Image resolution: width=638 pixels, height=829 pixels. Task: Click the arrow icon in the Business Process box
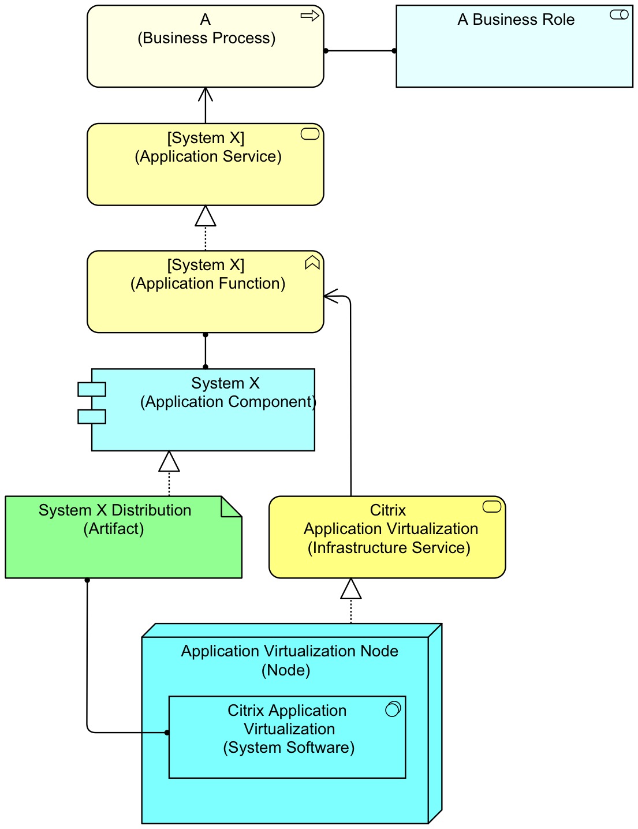[x=310, y=16]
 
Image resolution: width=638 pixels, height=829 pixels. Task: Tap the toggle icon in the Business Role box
[x=619, y=15]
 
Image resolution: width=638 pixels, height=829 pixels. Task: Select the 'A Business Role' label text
[x=516, y=20]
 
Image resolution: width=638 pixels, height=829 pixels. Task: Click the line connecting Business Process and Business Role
[x=360, y=51]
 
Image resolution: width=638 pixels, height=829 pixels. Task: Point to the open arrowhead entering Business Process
[x=206, y=94]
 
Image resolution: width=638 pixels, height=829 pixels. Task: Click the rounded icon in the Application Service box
[x=310, y=135]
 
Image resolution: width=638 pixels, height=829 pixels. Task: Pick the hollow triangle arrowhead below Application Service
[x=206, y=216]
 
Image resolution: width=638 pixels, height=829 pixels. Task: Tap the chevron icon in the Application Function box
[x=312, y=263]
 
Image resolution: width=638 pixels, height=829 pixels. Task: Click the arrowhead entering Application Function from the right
[x=330, y=296]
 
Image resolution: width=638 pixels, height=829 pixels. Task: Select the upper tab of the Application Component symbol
[x=92, y=389]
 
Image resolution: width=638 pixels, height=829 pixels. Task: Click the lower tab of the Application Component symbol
[x=92, y=416]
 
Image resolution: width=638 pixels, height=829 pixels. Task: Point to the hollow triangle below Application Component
[x=169, y=462]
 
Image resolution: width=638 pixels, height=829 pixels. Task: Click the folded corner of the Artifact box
[x=231, y=506]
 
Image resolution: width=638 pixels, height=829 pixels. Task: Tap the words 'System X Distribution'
[x=115, y=510]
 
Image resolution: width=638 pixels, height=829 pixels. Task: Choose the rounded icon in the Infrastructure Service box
[x=491, y=507]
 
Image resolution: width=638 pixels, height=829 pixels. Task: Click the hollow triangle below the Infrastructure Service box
[x=351, y=589]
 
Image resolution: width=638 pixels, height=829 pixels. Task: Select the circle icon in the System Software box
[x=393, y=709]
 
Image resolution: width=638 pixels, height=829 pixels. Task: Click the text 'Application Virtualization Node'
[x=289, y=651]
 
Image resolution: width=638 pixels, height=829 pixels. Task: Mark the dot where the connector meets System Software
[x=167, y=733]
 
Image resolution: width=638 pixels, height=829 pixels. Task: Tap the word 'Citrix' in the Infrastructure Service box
[x=387, y=510]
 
